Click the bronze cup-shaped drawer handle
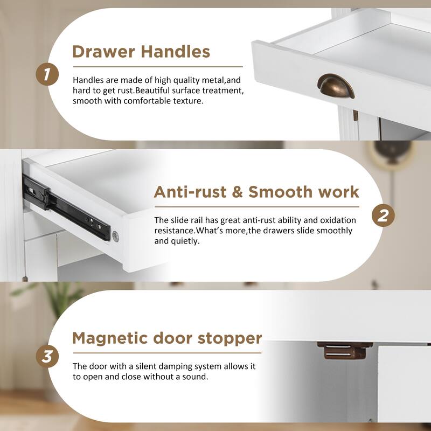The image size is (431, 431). click(x=336, y=86)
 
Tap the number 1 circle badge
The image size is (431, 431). click(x=47, y=74)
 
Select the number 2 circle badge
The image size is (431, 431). click(x=383, y=215)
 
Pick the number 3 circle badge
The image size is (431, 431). click(x=47, y=357)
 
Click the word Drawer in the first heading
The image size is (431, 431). click(x=103, y=51)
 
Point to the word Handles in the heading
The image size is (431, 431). click(x=176, y=51)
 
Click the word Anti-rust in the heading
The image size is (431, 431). click(x=190, y=192)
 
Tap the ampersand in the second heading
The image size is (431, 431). click(x=238, y=192)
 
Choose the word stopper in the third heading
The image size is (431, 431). click(x=230, y=339)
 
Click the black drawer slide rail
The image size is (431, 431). click(x=66, y=208)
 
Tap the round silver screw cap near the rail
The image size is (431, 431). click(x=116, y=237)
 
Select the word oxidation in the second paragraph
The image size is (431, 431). click(x=338, y=220)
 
